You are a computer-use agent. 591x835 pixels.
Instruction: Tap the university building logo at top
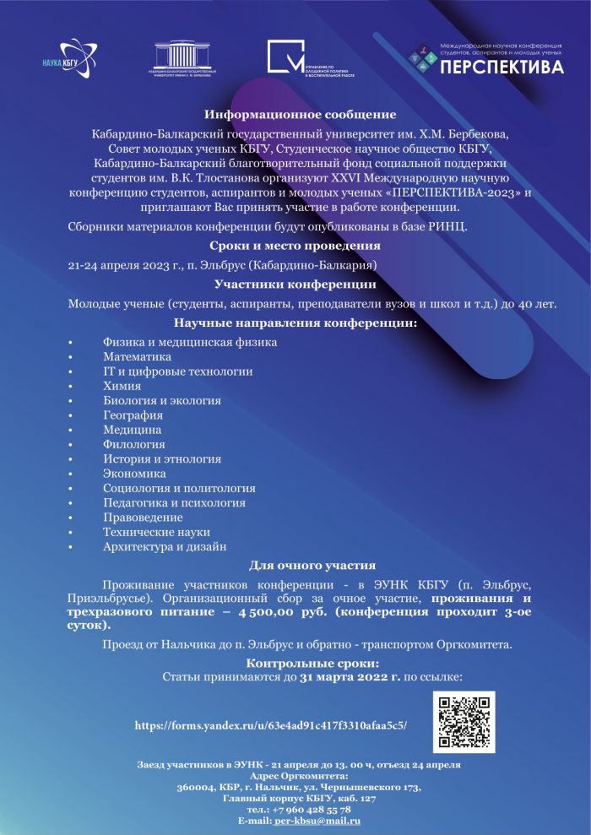(184, 58)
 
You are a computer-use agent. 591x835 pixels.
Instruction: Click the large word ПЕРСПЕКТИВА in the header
(502, 68)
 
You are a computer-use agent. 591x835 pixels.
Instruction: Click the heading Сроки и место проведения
(295, 246)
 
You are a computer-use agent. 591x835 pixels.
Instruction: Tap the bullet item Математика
(137, 356)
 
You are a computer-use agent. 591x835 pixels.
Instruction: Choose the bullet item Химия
(122, 385)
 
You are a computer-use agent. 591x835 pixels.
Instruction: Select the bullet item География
(133, 415)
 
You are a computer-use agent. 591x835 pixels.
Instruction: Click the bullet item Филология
(133, 444)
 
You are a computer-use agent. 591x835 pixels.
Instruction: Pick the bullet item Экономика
(135, 474)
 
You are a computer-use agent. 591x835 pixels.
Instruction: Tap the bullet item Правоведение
(143, 517)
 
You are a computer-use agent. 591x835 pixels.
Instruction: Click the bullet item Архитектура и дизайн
(165, 546)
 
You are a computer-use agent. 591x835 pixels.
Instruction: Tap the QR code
(464, 722)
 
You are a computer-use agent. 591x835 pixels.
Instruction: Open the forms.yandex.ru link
(271, 724)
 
